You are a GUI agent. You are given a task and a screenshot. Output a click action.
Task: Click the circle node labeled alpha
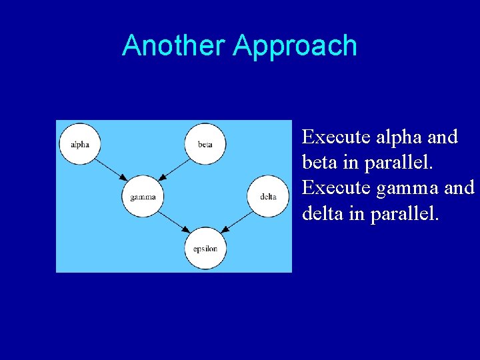(x=79, y=144)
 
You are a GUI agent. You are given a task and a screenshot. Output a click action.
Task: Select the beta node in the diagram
(x=205, y=144)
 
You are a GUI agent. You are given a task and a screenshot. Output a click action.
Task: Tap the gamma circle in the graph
(x=143, y=197)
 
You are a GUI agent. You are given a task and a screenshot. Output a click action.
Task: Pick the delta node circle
(x=267, y=197)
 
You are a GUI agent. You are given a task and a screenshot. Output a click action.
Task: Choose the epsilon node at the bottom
(x=205, y=249)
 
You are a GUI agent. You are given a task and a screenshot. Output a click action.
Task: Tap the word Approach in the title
(x=295, y=46)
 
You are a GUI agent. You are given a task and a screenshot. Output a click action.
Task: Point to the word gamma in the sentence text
(x=407, y=188)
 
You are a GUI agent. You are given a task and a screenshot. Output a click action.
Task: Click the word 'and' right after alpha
(x=443, y=137)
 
